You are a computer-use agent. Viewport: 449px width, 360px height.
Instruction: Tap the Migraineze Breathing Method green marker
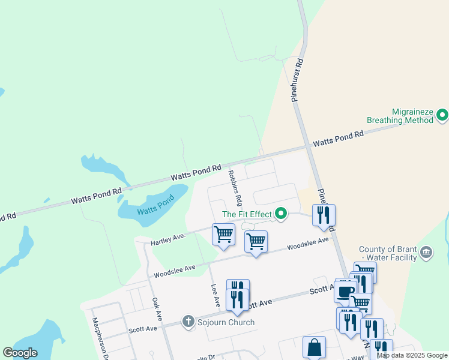(442, 114)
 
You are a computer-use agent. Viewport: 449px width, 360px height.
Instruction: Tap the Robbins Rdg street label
(235, 187)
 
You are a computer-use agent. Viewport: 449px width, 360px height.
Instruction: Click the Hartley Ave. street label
(167, 239)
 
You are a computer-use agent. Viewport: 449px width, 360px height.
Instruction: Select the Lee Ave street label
(212, 293)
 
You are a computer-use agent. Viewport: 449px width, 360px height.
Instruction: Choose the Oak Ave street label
(157, 308)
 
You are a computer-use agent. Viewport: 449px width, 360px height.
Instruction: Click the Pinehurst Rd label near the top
(299, 80)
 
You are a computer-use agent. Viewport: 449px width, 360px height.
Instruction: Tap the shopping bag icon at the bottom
(314, 347)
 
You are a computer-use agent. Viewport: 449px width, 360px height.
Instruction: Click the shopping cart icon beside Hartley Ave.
(223, 234)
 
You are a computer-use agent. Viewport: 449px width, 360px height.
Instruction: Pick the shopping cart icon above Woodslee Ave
(256, 241)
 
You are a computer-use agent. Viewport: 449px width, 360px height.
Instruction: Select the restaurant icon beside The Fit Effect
(324, 215)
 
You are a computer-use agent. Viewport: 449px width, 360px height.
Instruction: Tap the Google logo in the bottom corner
(20, 353)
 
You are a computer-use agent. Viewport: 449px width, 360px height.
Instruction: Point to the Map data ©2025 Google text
(412, 355)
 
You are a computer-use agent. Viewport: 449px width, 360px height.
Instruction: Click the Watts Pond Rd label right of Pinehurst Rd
(338, 139)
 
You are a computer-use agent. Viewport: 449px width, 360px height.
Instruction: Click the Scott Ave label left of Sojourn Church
(143, 329)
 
